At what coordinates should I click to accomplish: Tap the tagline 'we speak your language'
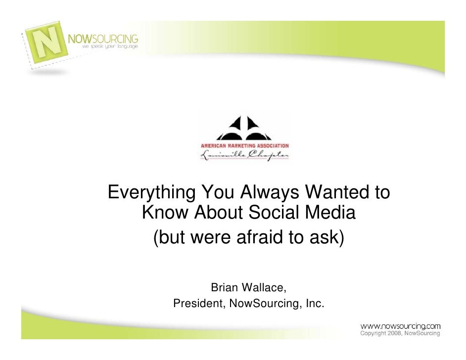coord(110,46)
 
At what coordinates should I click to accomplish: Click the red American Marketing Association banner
coord(244,146)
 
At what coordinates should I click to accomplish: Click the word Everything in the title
coord(150,193)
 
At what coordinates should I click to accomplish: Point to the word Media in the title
coord(331,214)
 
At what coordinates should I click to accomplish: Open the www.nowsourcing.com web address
coord(400,326)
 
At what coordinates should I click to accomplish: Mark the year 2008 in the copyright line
coord(394,334)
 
